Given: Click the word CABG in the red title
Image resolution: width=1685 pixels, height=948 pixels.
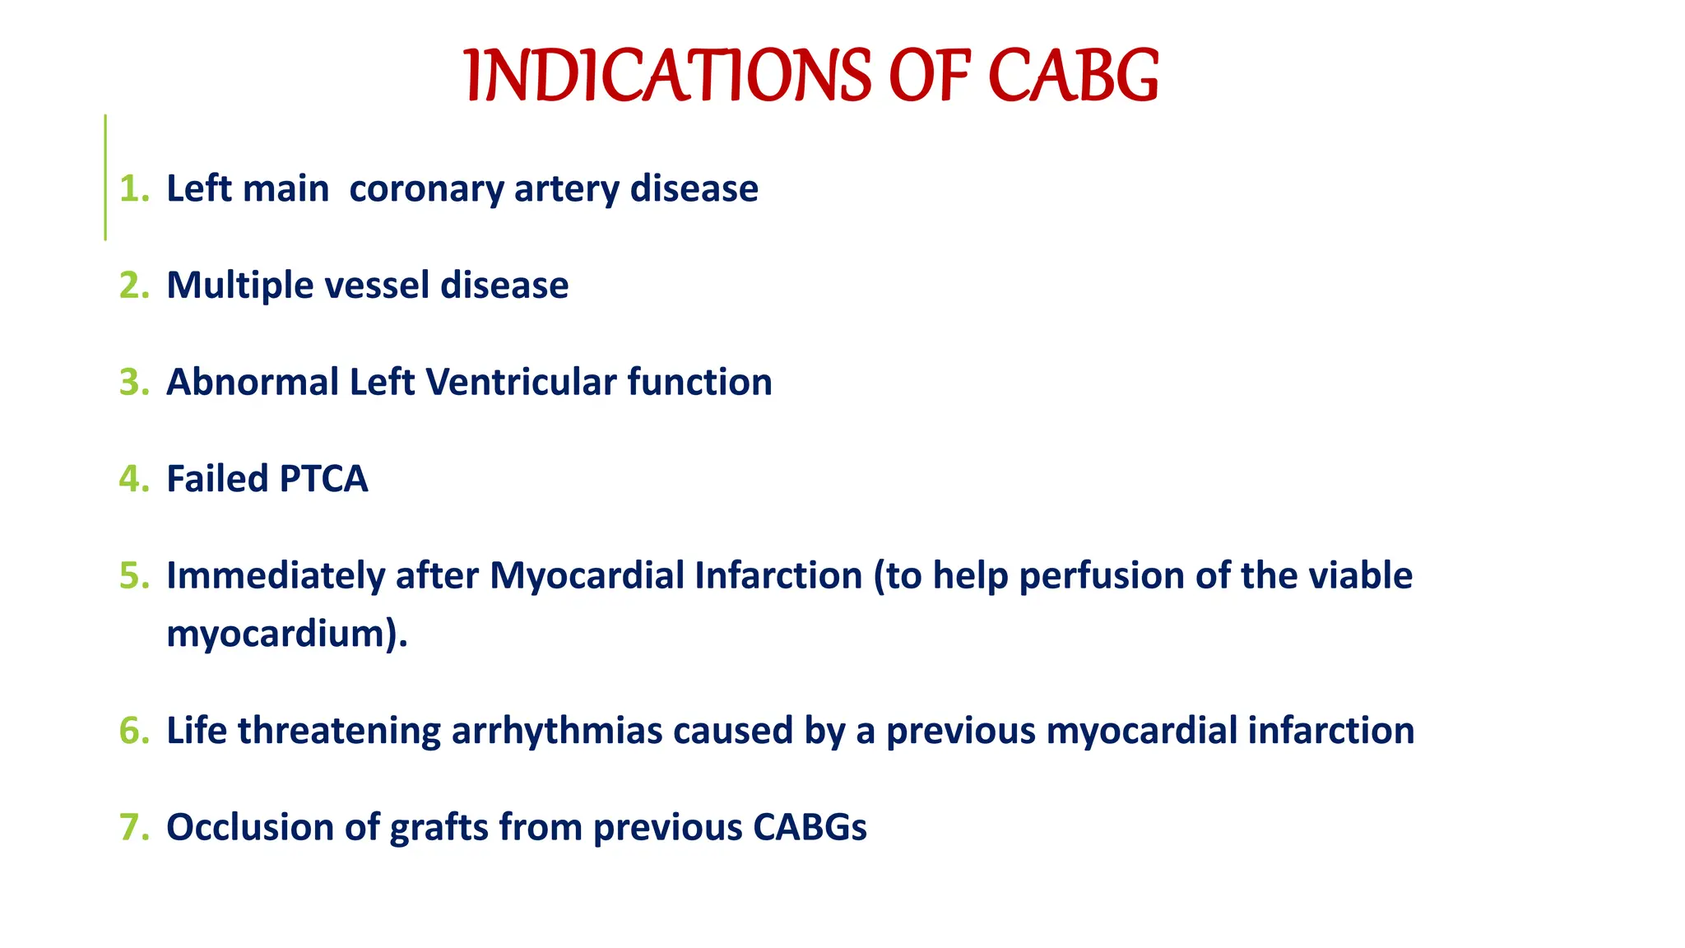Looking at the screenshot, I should point(1073,76).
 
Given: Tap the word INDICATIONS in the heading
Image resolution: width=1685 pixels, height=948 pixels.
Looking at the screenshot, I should point(666,76).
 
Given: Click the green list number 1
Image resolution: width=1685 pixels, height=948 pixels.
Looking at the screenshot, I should point(133,189).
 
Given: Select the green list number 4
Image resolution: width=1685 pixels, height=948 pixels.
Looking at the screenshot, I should point(133,479).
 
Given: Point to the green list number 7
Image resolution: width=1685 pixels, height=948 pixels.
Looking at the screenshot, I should point(133,827).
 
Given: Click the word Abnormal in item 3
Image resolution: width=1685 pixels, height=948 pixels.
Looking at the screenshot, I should point(253,383).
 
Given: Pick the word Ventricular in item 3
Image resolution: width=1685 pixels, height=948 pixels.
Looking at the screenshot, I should point(521,383).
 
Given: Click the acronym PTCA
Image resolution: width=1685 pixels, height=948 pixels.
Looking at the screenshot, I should point(323,479).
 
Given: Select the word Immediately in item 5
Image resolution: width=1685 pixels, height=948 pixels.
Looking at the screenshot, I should point(275,576).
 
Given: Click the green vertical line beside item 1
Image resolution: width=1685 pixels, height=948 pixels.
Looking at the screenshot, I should point(105,177).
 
